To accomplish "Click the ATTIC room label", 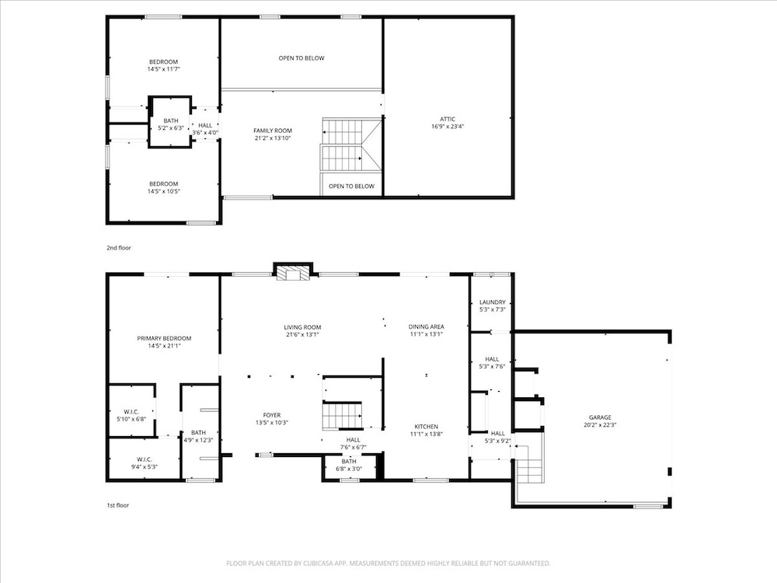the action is (447, 119).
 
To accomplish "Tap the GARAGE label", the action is (600, 417).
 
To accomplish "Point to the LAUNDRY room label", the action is (492, 302).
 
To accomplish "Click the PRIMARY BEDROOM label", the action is (164, 339).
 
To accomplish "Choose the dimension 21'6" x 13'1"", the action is (302, 334).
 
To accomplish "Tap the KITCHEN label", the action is (426, 426).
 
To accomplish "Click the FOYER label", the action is (271, 415).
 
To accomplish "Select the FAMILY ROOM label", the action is (273, 131).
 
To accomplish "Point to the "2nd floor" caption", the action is (119, 248).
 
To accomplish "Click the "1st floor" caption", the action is (118, 505).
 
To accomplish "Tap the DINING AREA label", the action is (426, 326).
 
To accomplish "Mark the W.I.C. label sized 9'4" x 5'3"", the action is (145, 459).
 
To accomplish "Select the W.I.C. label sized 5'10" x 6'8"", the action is (131, 412).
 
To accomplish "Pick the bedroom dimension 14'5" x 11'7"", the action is (163, 69).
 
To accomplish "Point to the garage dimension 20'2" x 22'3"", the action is (600, 425).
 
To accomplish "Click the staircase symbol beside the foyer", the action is (342, 415).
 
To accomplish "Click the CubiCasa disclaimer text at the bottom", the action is (388, 563).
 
